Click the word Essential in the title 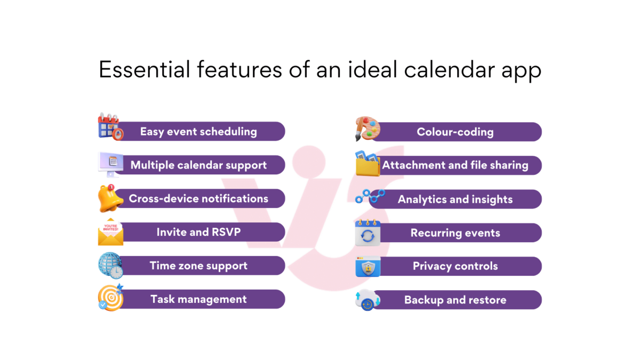click(x=145, y=69)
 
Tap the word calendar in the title click(x=450, y=69)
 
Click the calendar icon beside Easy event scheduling click(x=110, y=126)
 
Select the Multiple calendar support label click(x=198, y=165)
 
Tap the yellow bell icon click(x=110, y=198)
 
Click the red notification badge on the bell click(x=111, y=187)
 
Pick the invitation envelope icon click(x=110, y=231)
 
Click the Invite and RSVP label click(x=198, y=232)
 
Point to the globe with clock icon click(x=110, y=266)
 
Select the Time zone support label click(x=198, y=266)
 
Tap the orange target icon click(x=110, y=298)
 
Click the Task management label click(x=198, y=299)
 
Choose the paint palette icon click(x=367, y=129)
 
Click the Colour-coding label click(x=455, y=132)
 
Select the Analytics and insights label click(x=455, y=199)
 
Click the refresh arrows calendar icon click(x=367, y=233)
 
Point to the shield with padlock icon click(x=368, y=267)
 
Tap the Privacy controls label click(x=455, y=266)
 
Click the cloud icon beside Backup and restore click(x=367, y=300)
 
